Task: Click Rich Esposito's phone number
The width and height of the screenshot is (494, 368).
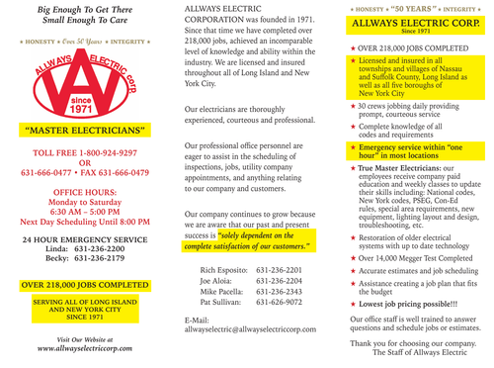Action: click(x=279, y=269)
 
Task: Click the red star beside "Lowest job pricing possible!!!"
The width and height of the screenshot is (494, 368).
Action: click(x=352, y=297)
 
